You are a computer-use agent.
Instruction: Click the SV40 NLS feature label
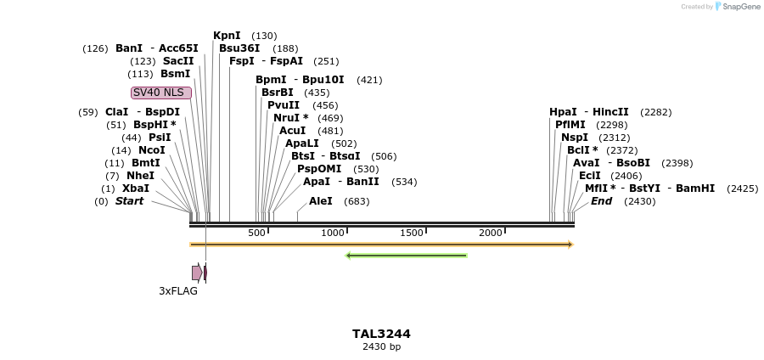pos(160,93)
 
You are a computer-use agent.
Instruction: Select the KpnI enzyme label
pos(227,36)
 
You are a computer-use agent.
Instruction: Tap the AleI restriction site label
pos(321,201)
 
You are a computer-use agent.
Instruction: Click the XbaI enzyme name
pos(136,188)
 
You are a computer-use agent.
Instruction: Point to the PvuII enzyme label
pos(284,105)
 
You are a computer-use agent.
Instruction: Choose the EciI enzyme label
pos(589,176)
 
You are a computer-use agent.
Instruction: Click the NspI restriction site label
pos(575,138)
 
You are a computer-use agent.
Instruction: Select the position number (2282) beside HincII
pos(656,112)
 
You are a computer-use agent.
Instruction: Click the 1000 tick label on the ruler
pos(333,233)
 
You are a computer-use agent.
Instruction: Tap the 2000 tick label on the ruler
pos(491,233)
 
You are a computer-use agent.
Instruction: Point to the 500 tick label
pos(256,233)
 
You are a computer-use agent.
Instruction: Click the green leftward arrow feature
pos(406,255)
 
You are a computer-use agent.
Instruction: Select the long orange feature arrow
pos(381,245)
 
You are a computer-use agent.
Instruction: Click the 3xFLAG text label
pos(178,291)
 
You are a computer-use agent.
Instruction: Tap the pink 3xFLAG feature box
pos(196,273)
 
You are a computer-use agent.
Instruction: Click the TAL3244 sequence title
pos(381,334)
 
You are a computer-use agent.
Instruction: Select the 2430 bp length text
pos(381,347)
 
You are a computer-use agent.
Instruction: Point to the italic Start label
pos(129,201)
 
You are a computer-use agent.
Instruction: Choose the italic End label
pos(601,201)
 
